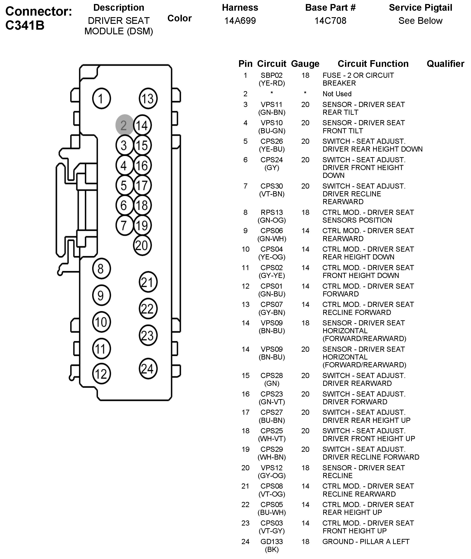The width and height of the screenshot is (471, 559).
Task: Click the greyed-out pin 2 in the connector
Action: coord(124,125)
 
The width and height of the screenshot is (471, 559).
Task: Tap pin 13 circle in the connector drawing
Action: coord(148,98)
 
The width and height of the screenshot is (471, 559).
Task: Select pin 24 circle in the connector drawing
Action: coord(148,369)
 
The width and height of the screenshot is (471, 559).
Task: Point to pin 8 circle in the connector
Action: coord(101,268)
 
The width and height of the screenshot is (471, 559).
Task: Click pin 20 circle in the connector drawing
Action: coord(142,245)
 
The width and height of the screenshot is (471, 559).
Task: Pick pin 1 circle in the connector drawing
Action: coord(101,98)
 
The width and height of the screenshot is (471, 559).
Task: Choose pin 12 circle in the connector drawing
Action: coord(101,374)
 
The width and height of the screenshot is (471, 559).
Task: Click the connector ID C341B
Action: coord(25,25)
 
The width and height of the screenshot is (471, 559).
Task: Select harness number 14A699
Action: coord(240,21)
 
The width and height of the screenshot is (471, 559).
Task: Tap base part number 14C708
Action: coord(330,21)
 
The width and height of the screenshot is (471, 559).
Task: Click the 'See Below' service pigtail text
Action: coord(420,21)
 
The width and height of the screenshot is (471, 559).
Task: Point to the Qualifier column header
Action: coord(445,64)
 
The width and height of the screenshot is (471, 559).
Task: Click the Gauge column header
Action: coord(305,64)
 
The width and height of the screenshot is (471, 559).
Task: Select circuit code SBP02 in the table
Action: coord(272,75)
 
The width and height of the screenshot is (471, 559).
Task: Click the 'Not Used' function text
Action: coord(337,94)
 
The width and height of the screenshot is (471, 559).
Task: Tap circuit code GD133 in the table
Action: coord(272,542)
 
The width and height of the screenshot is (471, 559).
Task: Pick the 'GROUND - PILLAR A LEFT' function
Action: coord(366,542)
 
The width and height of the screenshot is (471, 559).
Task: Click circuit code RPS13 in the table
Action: coord(272,212)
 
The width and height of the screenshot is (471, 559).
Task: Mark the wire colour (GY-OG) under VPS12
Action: coord(272,476)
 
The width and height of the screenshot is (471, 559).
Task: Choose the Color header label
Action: coord(179,18)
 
